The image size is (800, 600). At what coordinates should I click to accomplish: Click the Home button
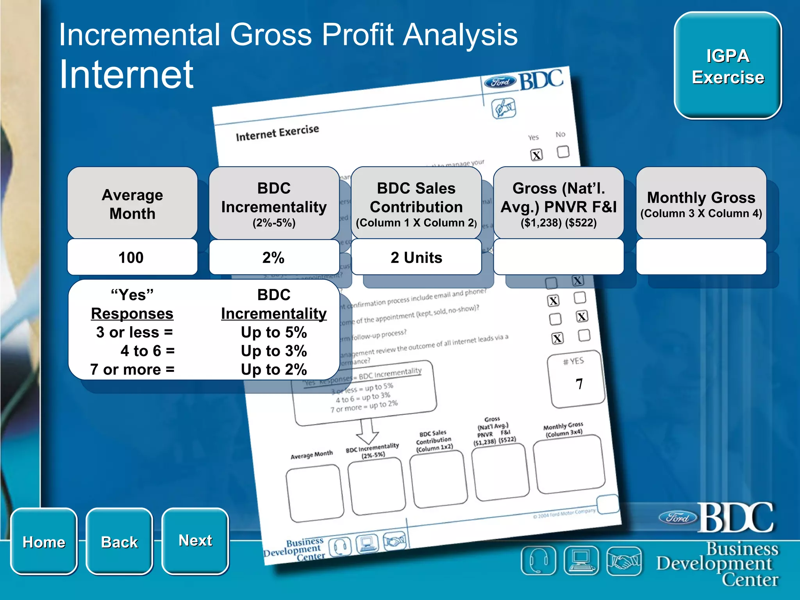coord(44,541)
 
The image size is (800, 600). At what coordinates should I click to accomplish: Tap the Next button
coord(195,541)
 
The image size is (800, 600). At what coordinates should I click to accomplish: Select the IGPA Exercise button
coord(728,66)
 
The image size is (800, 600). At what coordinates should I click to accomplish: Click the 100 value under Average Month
coord(132,257)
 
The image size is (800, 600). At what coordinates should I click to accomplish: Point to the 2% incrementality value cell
coord(274,257)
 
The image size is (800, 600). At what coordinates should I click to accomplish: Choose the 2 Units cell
coord(416,257)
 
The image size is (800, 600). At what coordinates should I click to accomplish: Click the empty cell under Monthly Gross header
coord(701,257)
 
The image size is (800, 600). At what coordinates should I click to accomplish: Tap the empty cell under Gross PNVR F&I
coord(559,257)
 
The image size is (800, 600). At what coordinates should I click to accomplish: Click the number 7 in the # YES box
coord(579,384)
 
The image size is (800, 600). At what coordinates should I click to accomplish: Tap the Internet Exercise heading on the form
coord(277,133)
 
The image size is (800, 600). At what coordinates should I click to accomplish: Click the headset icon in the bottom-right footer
coord(538,561)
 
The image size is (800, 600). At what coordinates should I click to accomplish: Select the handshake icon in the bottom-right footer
coord(624,561)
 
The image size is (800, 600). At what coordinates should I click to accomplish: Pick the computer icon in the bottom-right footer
coord(581,561)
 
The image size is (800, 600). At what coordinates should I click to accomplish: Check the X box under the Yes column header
coord(537,155)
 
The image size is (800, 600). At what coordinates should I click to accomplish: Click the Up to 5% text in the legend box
coord(274,332)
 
